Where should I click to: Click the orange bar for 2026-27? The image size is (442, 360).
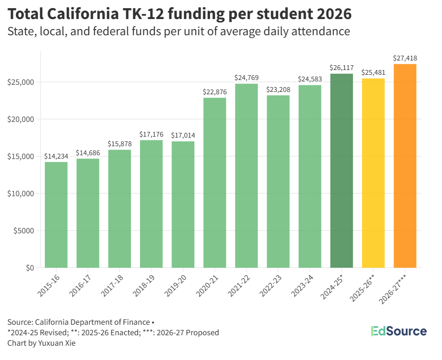405,166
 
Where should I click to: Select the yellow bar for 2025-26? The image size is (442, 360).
373,173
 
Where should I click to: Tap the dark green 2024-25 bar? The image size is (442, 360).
342,170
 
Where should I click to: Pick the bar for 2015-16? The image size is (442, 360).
56,215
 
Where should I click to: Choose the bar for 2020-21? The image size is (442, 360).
215,182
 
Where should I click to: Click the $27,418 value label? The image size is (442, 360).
405,58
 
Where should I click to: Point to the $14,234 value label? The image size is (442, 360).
56,156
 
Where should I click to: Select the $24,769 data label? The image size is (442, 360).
246,78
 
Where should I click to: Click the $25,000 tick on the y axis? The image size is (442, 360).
20,82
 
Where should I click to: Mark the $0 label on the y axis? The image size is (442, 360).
30,268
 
